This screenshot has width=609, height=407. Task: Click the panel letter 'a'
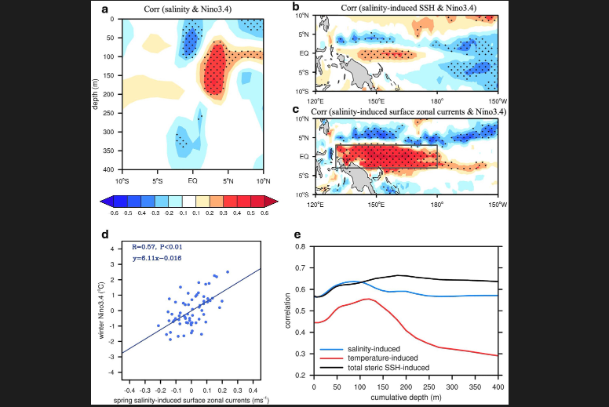[105, 9]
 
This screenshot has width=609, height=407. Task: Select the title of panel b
[406, 8]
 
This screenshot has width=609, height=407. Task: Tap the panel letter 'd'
[105, 233]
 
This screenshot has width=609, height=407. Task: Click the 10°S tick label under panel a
[122, 180]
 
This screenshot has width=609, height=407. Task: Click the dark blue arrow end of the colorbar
[105, 201]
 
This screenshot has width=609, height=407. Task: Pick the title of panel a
[191, 9]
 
